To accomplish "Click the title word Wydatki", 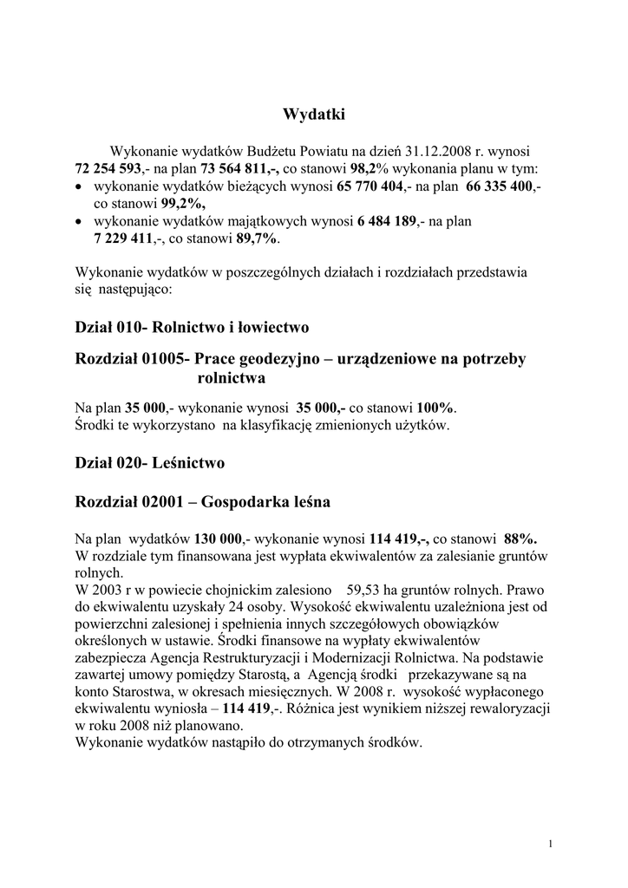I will [x=314, y=114].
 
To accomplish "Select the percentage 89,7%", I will [x=258, y=238].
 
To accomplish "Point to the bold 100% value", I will [x=436, y=408].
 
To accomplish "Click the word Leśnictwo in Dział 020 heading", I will [x=188, y=463].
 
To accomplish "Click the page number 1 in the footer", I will [x=552, y=844].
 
